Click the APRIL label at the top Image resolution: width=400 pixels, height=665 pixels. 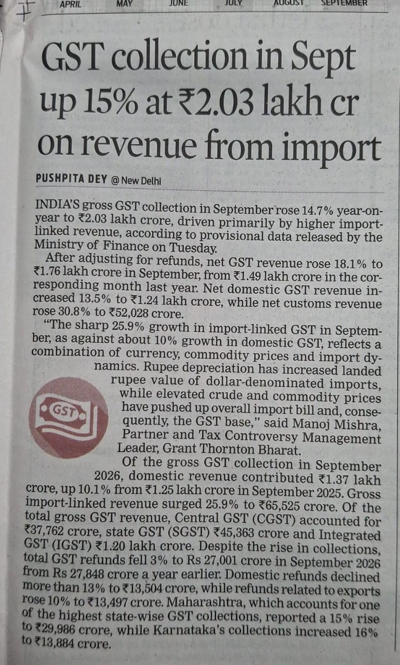pos(70,4)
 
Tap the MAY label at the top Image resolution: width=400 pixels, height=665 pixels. pos(124,4)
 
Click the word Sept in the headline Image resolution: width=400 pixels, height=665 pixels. pos(323,59)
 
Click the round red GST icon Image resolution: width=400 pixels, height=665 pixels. pos(68,417)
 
